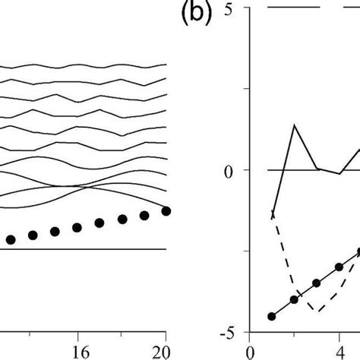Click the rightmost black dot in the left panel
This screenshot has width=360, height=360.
166,210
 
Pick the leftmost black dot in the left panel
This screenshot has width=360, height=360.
10,240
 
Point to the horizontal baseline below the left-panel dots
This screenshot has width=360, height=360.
84,248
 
